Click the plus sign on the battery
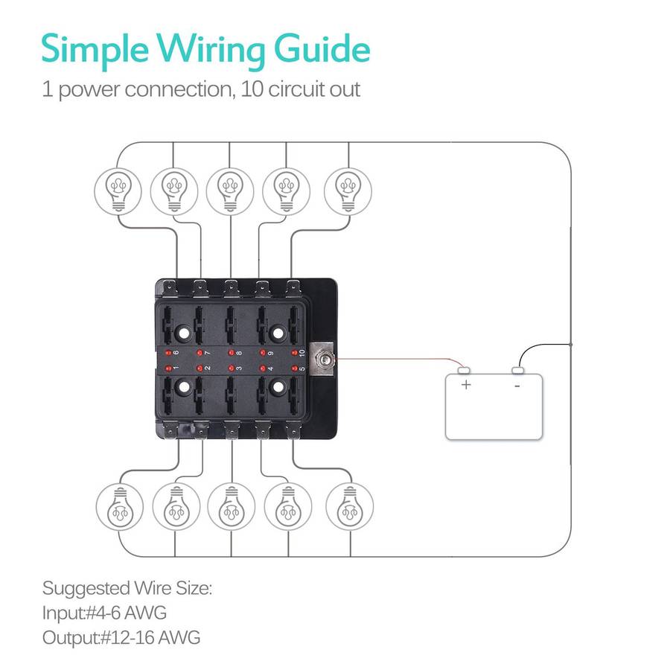tap(467, 385)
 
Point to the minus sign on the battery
tap(517, 386)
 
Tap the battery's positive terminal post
tap(465, 370)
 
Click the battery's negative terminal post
tap(519, 370)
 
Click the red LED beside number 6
tap(168, 351)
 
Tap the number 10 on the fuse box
tap(302, 351)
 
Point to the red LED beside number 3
tap(231, 368)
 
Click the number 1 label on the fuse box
tap(176, 368)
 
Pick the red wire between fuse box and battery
tap(395, 362)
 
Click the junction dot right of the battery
tap(571, 345)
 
